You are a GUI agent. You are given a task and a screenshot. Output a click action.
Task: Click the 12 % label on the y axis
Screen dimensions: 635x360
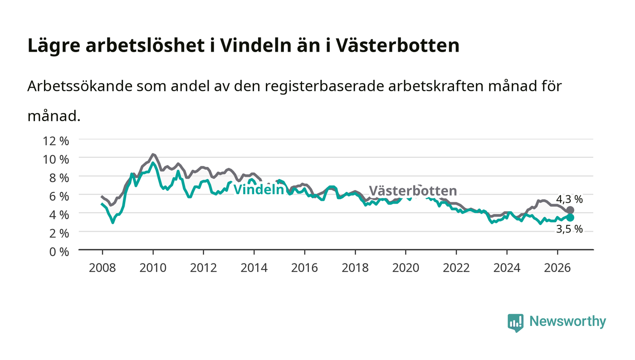point(55,141)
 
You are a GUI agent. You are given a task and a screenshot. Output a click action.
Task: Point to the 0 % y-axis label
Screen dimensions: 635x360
point(59,252)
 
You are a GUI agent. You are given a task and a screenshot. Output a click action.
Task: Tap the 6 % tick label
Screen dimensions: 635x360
point(59,196)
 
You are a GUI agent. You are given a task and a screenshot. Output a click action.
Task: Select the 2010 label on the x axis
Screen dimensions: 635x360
point(153,268)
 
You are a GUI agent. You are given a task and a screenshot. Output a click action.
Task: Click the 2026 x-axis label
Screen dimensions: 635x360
point(557,268)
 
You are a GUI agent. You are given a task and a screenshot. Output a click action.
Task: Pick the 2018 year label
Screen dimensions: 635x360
point(355,268)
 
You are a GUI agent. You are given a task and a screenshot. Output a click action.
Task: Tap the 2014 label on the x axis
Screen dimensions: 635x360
point(254,268)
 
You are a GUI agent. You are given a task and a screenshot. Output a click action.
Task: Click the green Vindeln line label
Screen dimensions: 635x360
point(259,190)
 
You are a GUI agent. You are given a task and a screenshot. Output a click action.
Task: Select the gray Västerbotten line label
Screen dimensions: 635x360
point(413,190)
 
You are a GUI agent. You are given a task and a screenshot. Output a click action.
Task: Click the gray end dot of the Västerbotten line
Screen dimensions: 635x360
point(570,210)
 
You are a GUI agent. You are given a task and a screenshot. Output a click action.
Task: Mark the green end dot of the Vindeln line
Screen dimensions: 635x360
point(570,218)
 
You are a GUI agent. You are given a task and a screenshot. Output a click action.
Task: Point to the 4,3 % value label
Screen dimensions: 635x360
point(569,199)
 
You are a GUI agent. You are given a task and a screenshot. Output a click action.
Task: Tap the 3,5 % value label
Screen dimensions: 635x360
point(569,229)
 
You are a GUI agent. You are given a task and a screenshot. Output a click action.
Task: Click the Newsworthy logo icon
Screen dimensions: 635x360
point(515,322)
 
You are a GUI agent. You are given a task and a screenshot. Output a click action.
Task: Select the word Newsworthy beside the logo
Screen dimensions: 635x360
point(567,321)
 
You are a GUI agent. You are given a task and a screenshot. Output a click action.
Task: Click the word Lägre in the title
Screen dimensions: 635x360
point(54,46)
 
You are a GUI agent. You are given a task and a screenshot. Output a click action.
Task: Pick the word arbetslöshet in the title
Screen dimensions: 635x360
point(145,45)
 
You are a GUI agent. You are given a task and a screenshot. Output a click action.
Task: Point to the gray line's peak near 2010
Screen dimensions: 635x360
point(153,155)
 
